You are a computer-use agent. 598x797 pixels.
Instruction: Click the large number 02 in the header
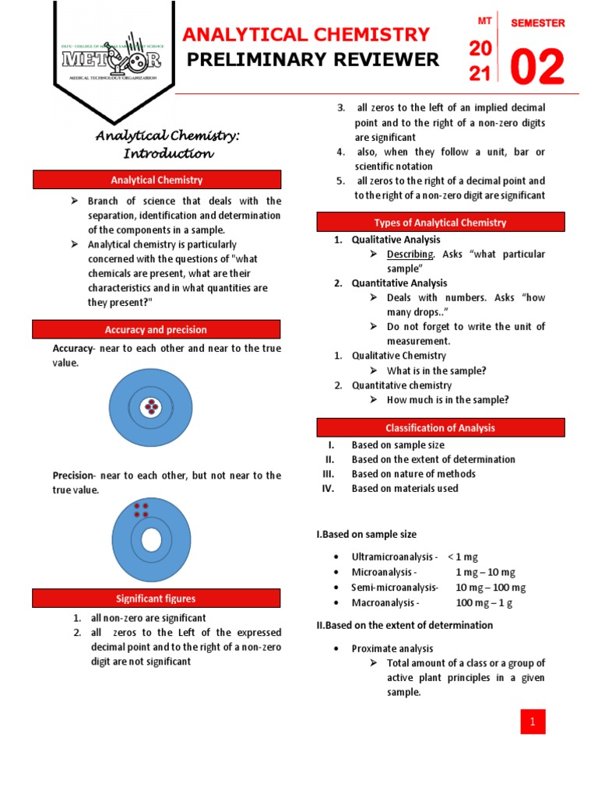536,68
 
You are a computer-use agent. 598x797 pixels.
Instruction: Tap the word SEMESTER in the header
537,23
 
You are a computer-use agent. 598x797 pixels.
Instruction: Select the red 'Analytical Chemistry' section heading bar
157,180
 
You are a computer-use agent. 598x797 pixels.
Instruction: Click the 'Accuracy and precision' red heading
157,329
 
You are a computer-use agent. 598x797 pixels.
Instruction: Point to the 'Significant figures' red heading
157,599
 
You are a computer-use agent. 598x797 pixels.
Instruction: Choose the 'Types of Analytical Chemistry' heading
440,223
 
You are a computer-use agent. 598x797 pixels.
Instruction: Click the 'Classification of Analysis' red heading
440,427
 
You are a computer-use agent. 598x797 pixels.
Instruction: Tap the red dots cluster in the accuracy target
150,407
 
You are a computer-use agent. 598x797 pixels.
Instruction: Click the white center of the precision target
151,539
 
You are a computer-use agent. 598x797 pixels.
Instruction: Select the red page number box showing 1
533,722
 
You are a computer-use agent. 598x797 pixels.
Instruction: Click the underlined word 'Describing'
410,255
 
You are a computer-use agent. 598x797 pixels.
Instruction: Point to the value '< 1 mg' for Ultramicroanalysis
464,557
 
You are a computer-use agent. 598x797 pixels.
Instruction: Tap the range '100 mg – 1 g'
484,602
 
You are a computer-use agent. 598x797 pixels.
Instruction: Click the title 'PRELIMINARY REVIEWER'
311,60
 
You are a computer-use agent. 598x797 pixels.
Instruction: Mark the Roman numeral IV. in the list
328,489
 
